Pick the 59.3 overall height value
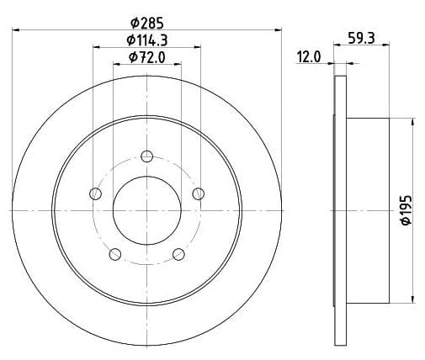tap(362, 37)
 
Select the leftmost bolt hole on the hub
tap(95, 194)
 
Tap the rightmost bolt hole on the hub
tap(199, 194)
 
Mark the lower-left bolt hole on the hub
tap(115, 254)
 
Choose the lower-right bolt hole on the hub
tap(178, 254)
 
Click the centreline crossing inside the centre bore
tap(146, 208)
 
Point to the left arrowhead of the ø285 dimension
tap(17, 30)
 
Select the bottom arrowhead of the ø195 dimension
tap(413, 298)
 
